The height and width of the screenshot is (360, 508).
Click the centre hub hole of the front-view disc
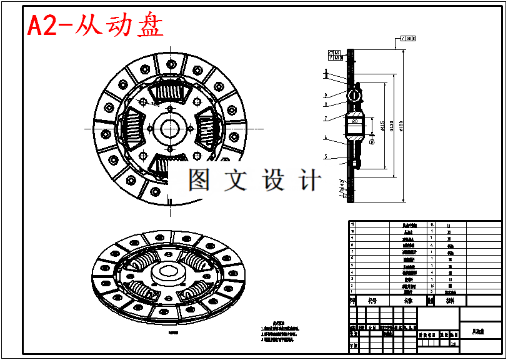(x=169, y=129)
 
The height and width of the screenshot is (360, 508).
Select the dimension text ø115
(x=382, y=129)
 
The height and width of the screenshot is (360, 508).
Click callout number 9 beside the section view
(x=326, y=96)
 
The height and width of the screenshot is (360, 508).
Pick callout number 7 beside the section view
(x=326, y=118)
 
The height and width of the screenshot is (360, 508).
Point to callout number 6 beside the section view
(x=326, y=137)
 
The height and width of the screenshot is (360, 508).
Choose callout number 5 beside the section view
(x=326, y=157)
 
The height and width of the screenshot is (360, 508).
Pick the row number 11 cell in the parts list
(x=352, y=224)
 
